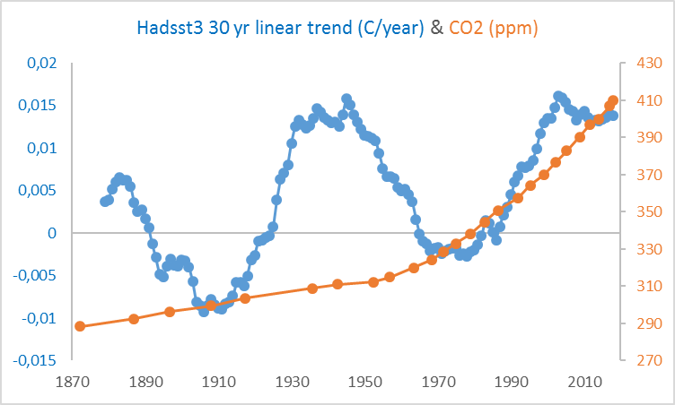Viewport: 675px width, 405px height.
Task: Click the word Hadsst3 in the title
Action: (169, 28)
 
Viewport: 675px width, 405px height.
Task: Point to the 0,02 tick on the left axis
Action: (39, 63)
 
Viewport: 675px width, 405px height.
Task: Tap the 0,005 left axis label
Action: (37, 190)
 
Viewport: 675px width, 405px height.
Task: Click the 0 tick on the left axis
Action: (51, 233)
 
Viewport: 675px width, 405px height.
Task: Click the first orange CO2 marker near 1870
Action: (80, 326)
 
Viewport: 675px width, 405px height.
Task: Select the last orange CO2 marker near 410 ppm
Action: (613, 100)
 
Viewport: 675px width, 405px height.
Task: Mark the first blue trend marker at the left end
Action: (105, 202)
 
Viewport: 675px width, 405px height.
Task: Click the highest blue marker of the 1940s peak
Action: (346, 99)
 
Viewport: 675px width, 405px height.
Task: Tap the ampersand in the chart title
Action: (436, 28)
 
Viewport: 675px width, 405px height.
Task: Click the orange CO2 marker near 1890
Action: (134, 319)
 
